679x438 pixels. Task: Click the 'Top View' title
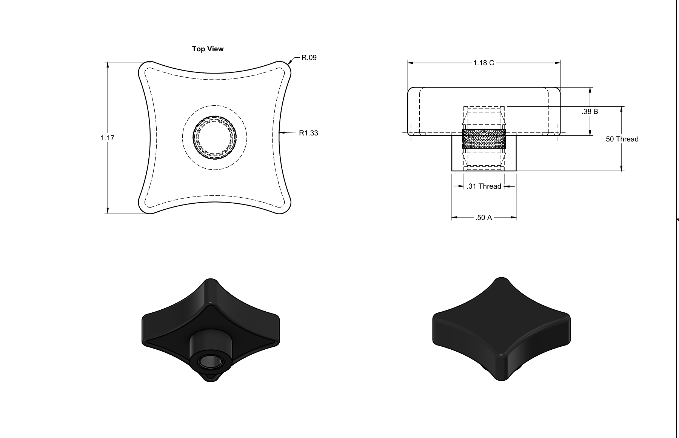coord(208,49)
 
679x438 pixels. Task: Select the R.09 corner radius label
coord(309,58)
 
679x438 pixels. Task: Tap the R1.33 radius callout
coord(308,133)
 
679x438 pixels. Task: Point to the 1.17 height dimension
coord(107,138)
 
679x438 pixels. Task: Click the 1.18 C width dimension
coord(483,63)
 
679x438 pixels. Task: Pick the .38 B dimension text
coord(590,112)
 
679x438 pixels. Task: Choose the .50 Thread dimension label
coord(621,139)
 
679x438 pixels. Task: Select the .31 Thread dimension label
coord(484,186)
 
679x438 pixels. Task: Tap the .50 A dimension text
coord(483,218)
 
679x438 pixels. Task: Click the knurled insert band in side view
coord(484,138)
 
